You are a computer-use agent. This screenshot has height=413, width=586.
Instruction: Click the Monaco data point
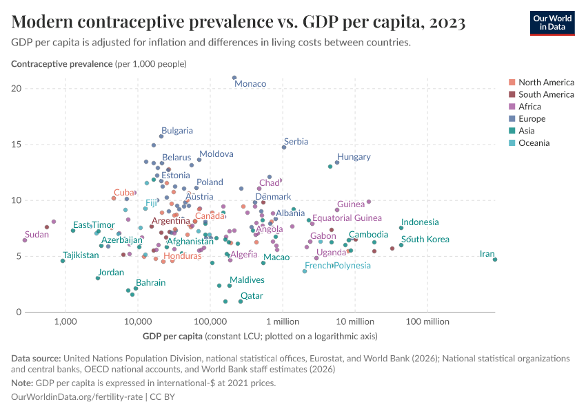pos(234,78)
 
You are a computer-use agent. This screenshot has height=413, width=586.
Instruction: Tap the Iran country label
pos(487,254)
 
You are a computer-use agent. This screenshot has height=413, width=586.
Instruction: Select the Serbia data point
pos(284,147)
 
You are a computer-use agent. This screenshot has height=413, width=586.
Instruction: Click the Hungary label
pos(354,157)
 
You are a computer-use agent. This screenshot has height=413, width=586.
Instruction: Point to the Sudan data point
pos(25,240)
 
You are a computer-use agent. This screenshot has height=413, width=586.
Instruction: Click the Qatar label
pos(252,295)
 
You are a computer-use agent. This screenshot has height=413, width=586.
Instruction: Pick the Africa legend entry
pos(529,107)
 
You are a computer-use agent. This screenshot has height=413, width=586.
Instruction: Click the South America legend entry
pos(546,94)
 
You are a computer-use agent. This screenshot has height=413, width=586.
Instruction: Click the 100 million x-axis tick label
pos(428,321)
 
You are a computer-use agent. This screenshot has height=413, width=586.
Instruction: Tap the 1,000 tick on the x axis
pos(65,321)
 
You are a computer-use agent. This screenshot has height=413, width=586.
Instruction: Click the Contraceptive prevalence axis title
pos(62,64)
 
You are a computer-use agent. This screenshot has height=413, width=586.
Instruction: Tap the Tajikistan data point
pos(63,261)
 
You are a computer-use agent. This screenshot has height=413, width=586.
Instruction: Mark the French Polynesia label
pos(338,266)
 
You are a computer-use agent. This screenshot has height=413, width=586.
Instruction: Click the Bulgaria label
pos(177,130)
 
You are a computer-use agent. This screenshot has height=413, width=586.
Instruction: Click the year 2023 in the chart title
pos(446,23)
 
